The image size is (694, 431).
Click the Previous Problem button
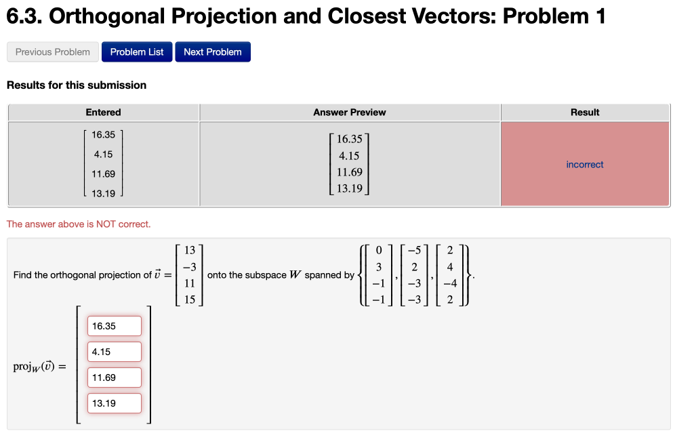pyautogui.click(x=53, y=52)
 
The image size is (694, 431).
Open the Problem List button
pyautogui.click(x=137, y=52)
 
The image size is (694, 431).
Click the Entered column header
pyautogui.click(x=104, y=112)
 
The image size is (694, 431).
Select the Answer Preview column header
pyautogui.click(x=350, y=112)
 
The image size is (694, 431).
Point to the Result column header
pyautogui.click(x=585, y=112)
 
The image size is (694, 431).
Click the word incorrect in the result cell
pyautogui.click(x=585, y=165)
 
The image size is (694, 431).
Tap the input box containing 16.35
pyautogui.click(x=114, y=326)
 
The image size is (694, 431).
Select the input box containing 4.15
pyautogui.click(x=114, y=352)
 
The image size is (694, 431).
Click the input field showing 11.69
pyautogui.click(x=114, y=377)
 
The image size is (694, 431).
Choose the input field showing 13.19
pyautogui.click(x=114, y=403)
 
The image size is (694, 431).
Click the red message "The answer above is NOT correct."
pyautogui.click(x=79, y=224)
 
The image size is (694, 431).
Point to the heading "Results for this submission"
pyautogui.click(x=77, y=85)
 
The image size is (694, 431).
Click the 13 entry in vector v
pyautogui.click(x=190, y=251)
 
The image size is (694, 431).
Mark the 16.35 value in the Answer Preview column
pyautogui.click(x=350, y=139)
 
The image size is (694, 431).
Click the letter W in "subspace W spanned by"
pyautogui.click(x=295, y=275)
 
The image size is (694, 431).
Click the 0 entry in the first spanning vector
pyautogui.click(x=380, y=251)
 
